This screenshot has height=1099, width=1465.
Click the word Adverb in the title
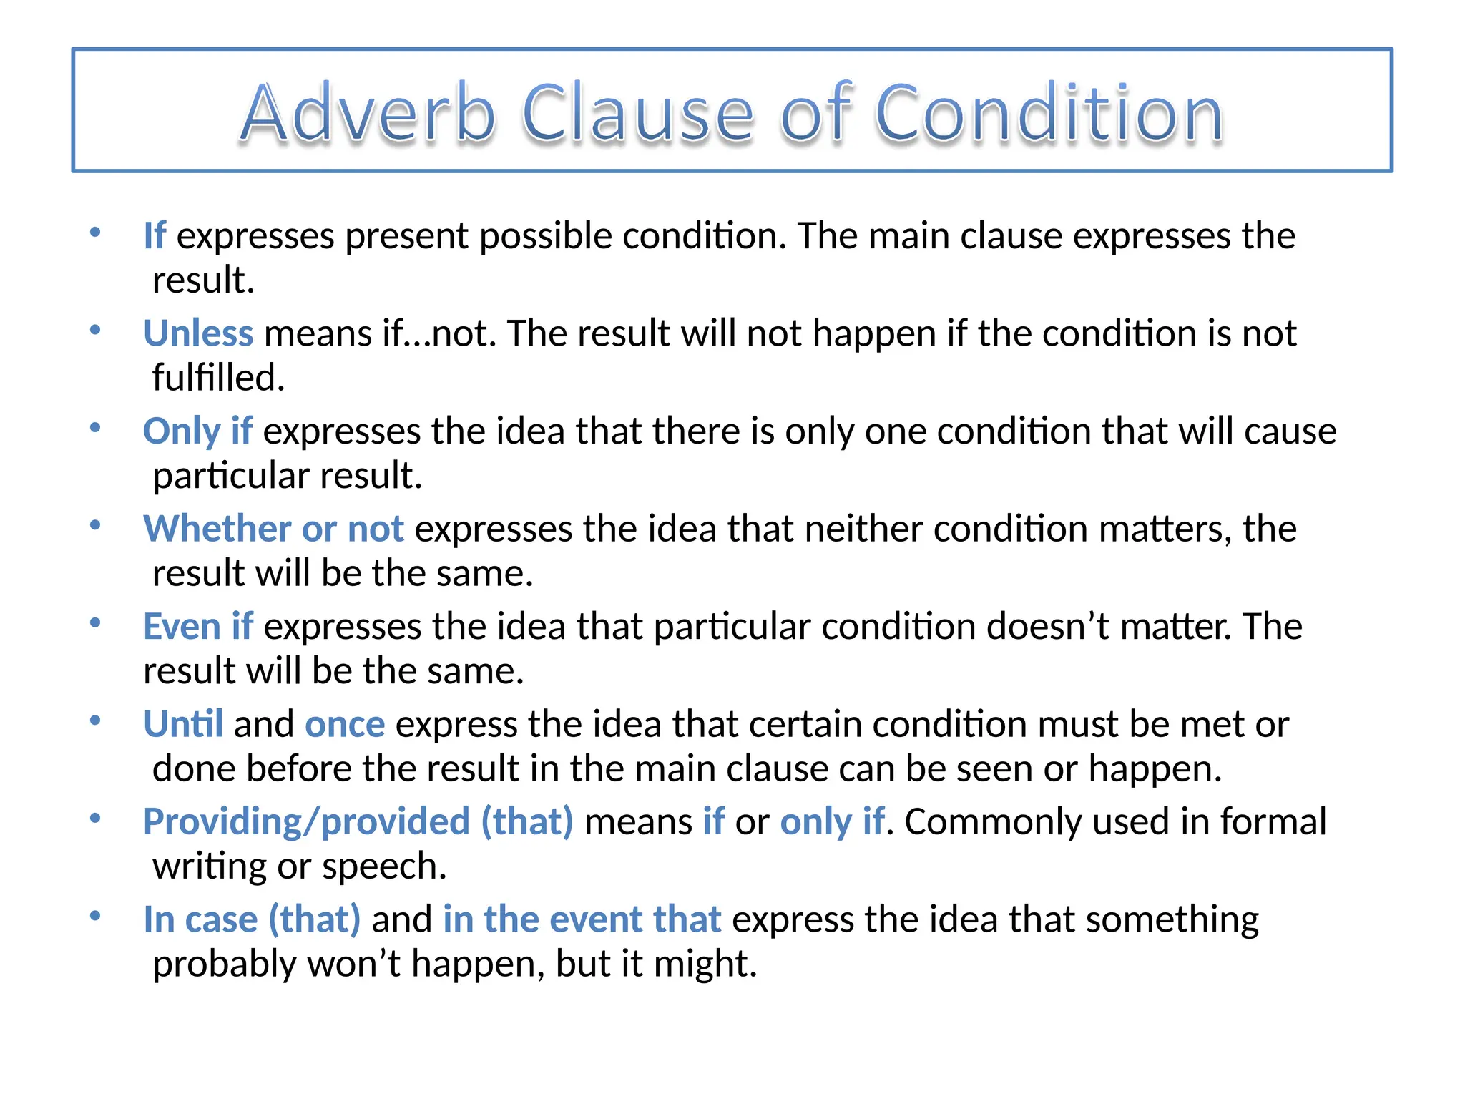pos(368,113)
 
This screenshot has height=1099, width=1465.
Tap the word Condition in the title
pos(1049,113)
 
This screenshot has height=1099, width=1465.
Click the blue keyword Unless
pos(198,333)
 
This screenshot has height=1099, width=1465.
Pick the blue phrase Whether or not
pos(273,529)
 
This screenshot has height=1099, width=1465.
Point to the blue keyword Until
pos(183,724)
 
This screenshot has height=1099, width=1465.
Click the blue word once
pos(345,724)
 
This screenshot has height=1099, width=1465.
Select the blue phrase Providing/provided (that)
pos(358,821)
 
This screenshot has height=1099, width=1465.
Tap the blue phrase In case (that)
pos(252,919)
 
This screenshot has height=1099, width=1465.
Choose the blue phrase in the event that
pos(582,919)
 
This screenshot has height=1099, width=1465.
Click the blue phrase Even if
pos(198,627)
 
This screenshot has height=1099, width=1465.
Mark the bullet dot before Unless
pos(95,330)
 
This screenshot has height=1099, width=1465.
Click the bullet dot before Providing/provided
pos(95,818)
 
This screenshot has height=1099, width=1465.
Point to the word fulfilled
pos(218,378)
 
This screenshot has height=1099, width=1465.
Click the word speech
pos(384,867)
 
